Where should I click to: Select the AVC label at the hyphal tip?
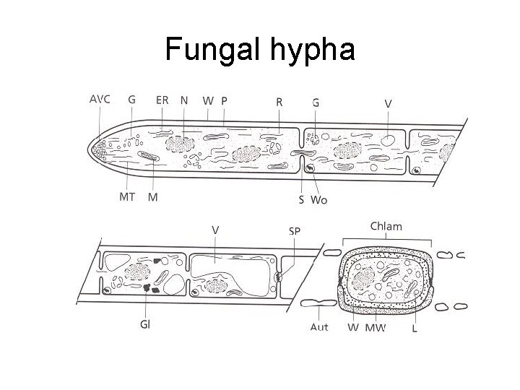pyautogui.click(x=99, y=100)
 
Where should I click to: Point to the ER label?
pyautogui.click(x=163, y=100)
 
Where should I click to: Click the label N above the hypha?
pyautogui.click(x=185, y=100)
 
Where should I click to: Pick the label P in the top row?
pyautogui.click(x=224, y=100)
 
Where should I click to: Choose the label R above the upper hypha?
pyautogui.click(x=279, y=101)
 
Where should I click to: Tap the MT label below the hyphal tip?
pyautogui.click(x=127, y=197)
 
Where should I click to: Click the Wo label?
pyautogui.click(x=318, y=199)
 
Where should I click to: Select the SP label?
pyautogui.click(x=295, y=230)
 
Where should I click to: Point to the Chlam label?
pyautogui.click(x=386, y=226)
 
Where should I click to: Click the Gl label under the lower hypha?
pyautogui.click(x=145, y=324)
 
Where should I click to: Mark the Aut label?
pyautogui.click(x=319, y=326)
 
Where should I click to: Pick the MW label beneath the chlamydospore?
pyautogui.click(x=376, y=327)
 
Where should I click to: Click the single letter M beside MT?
pyautogui.click(x=153, y=197)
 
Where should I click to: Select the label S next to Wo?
pyautogui.click(x=301, y=199)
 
